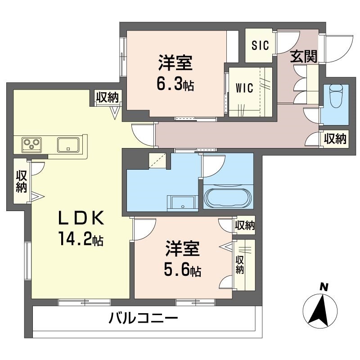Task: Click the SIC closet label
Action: [260, 45]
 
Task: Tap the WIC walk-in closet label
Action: [244, 87]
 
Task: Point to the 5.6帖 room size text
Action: [182, 270]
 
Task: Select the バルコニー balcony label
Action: [144, 319]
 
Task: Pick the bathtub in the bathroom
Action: [229, 198]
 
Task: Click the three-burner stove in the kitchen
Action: [32, 144]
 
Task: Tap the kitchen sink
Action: [68, 145]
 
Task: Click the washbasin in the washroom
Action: [182, 203]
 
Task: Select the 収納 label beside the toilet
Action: [335, 139]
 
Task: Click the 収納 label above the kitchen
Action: [107, 96]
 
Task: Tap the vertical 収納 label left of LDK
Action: [21, 181]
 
